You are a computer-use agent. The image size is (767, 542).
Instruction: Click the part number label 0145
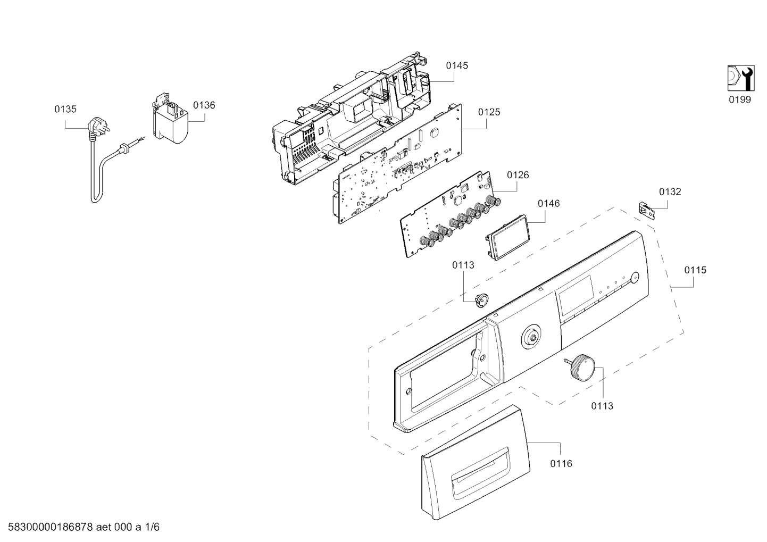tap(456, 65)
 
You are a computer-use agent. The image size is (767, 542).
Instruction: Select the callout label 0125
tap(489, 112)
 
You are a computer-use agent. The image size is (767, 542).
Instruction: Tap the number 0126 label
tap(518, 175)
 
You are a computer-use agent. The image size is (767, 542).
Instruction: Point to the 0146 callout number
tap(548, 204)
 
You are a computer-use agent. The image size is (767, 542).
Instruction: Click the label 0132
tap(670, 192)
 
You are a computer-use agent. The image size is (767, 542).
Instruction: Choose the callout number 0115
tap(695, 270)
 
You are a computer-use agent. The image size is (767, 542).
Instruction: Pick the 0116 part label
tap(561, 464)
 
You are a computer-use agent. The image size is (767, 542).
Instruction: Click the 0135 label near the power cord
tap(65, 109)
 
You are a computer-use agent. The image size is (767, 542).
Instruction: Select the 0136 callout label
tap(204, 105)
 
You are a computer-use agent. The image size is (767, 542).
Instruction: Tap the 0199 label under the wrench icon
tap(740, 100)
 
